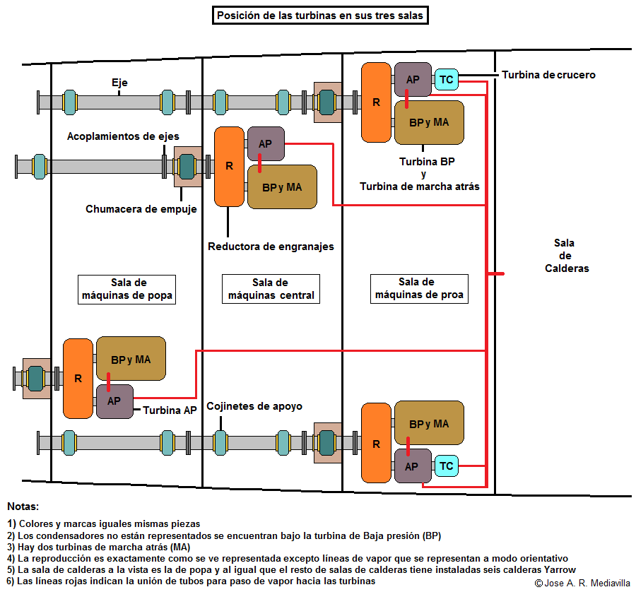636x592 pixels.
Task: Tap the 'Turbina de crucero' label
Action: [548, 74]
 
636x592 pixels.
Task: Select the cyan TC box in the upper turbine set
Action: [446, 80]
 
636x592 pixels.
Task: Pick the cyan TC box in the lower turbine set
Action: [446, 466]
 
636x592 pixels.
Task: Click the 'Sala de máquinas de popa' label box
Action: [126, 289]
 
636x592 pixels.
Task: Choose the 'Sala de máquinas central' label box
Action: [271, 289]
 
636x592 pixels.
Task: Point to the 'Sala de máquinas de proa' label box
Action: [420, 289]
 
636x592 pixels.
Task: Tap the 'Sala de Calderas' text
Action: [566, 256]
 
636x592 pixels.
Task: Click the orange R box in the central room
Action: [230, 166]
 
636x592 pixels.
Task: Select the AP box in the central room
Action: [266, 144]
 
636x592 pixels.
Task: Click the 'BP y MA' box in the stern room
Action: [131, 359]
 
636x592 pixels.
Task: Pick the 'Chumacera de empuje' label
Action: [141, 209]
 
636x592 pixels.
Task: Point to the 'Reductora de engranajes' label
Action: [271, 247]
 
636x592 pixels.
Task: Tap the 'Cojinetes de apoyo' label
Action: [254, 406]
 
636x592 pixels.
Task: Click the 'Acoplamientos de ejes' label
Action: [123, 136]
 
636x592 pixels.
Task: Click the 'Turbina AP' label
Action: [170, 410]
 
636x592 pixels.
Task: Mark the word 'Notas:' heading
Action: [23, 507]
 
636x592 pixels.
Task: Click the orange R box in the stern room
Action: [78, 378]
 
